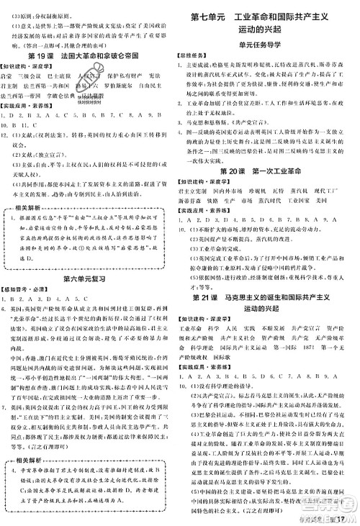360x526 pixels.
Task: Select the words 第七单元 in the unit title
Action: [x=210, y=15]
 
